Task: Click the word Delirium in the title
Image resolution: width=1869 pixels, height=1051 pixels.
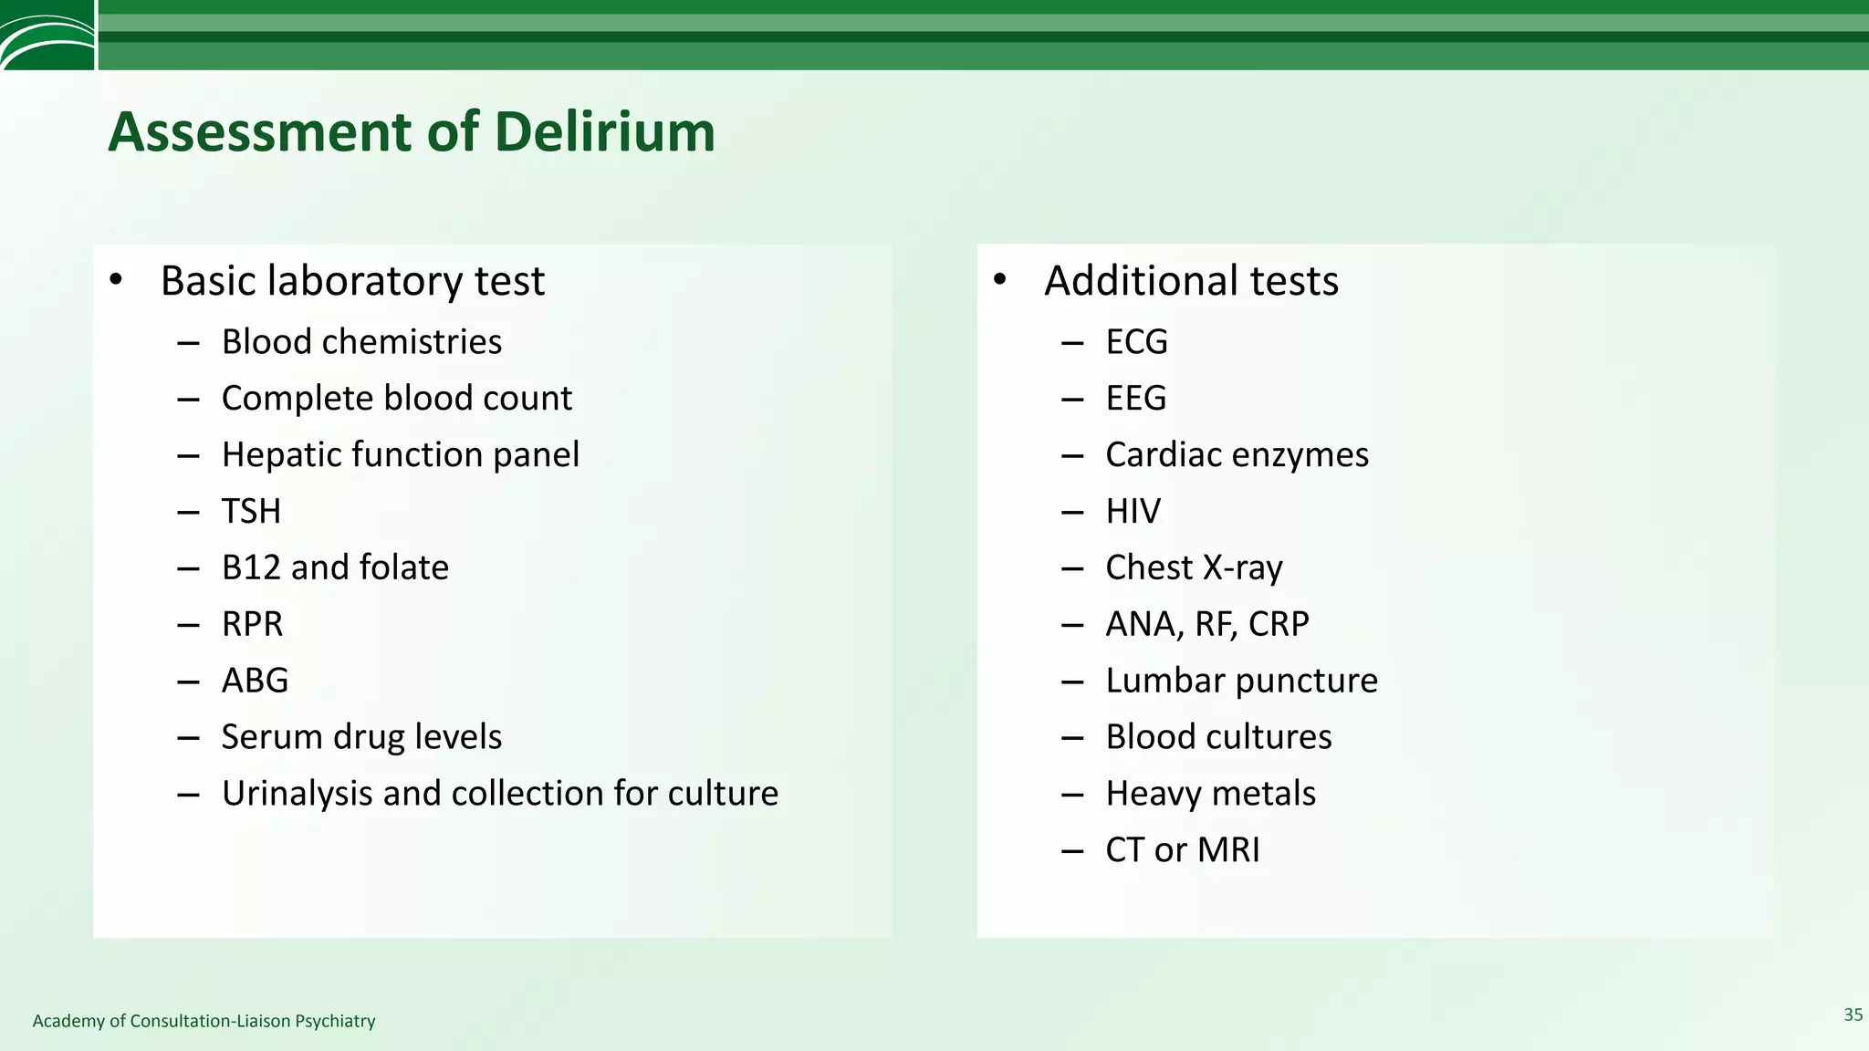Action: point(604,132)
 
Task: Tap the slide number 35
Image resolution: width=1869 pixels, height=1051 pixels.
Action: point(1853,1015)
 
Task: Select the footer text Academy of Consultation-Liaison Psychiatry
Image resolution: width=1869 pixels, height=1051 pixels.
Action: point(204,1021)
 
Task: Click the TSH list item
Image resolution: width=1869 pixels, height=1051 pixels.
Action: point(251,511)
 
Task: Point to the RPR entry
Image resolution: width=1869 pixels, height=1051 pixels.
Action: point(252,624)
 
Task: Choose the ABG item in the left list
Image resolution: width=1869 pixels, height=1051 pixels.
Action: point(255,681)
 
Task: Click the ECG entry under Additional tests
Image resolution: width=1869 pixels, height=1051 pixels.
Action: point(1136,342)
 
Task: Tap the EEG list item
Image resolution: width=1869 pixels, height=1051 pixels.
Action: point(1135,399)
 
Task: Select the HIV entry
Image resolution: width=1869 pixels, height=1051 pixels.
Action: point(1133,511)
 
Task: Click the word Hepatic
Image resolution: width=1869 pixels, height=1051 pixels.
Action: point(281,455)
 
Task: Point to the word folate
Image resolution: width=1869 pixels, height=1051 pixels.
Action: point(403,567)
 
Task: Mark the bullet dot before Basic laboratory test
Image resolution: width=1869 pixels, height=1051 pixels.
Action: point(115,279)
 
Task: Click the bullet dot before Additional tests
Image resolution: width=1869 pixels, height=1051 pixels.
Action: point(999,279)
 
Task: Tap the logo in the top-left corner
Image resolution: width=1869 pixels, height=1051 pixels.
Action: point(47,35)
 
